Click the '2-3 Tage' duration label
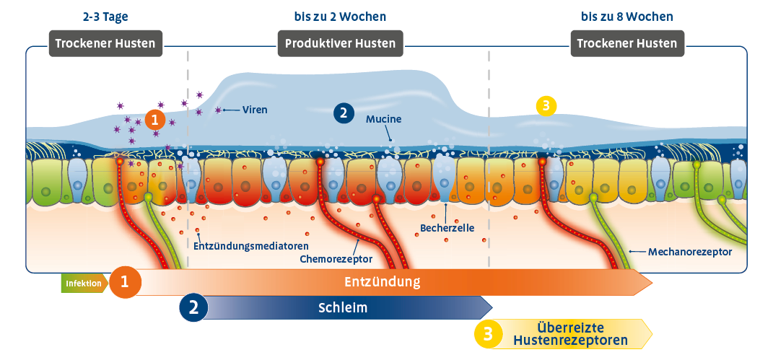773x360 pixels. [x=105, y=16]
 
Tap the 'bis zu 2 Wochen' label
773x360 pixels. [x=340, y=16]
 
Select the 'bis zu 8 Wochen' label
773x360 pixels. [x=628, y=16]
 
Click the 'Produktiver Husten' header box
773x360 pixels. [x=340, y=43]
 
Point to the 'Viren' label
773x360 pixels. [x=255, y=110]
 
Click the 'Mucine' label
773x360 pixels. [x=383, y=118]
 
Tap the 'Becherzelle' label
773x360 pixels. [x=447, y=229]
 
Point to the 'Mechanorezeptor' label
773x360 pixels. [x=691, y=252]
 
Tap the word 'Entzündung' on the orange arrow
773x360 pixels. [x=382, y=280]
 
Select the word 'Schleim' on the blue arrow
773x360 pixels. [x=343, y=308]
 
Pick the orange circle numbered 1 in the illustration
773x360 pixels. [x=155, y=118]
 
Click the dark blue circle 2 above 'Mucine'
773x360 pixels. [x=344, y=113]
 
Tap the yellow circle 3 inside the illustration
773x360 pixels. [x=546, y=106]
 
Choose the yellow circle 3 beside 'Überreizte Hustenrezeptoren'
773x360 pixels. [x=488, y=334]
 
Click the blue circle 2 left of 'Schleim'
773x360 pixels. [x=193, y=307]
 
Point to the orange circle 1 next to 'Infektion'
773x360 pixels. [x=125, y=283]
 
